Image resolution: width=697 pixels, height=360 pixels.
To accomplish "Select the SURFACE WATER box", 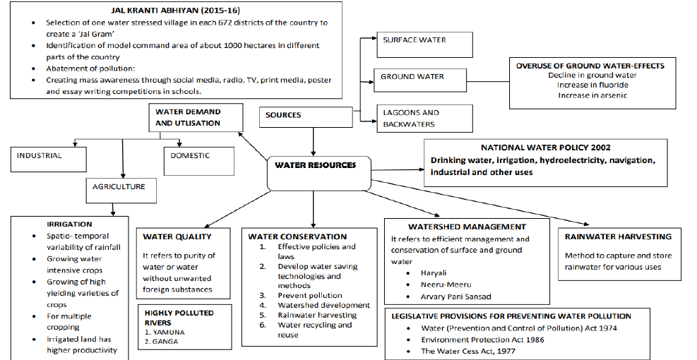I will tap(415, 40).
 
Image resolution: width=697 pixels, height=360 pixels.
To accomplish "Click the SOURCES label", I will tap(283, 115).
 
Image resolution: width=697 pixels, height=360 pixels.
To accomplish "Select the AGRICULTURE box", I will tap(119, 187).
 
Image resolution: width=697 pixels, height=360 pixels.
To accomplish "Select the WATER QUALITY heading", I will tap(177, 236).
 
